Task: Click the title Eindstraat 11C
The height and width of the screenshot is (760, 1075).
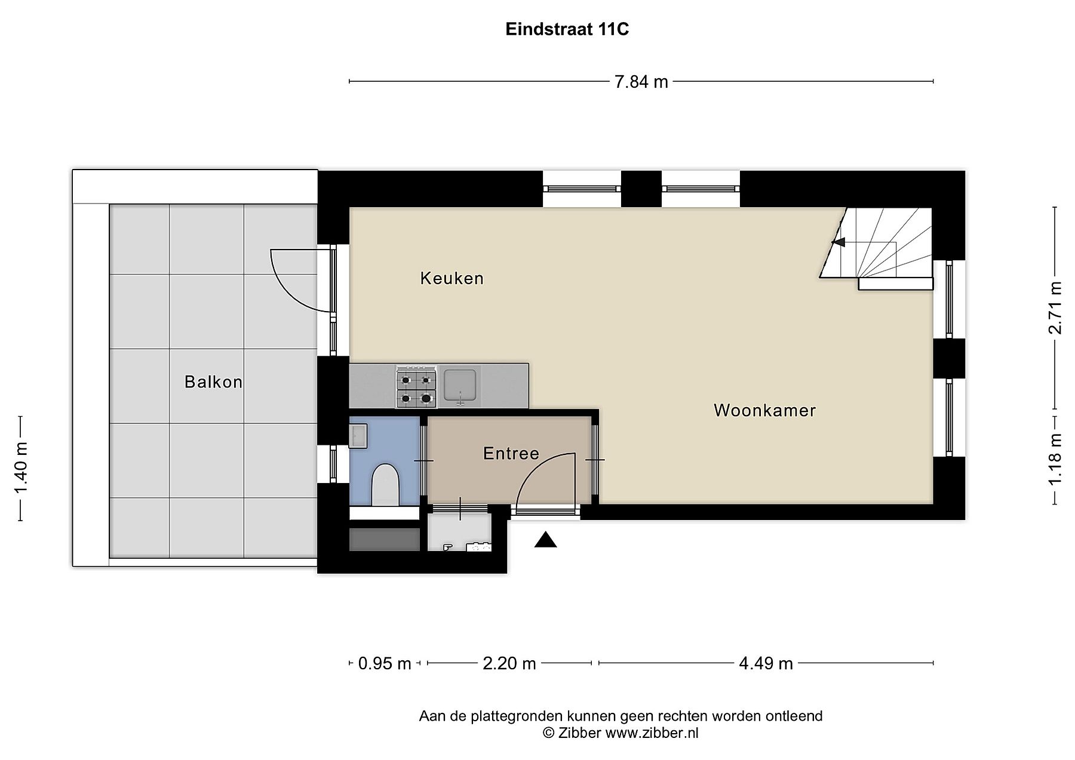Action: [x=567, y=29]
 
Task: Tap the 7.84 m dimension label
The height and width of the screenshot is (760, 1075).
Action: [x=641, y=82]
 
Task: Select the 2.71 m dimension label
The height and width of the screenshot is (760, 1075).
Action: [x=1056, y=308]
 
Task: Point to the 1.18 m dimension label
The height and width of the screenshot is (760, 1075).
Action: [x=1056, y=460]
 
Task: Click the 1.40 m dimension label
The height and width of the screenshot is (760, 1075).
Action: [x=21, y=469]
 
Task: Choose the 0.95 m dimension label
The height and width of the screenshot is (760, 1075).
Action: [x=385, y=663]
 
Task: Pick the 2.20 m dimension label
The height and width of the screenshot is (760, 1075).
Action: [x=509, y=663]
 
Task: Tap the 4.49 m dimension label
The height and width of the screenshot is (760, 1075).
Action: [x=766, y=663]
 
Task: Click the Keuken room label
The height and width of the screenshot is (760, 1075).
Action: [x=452, y=278]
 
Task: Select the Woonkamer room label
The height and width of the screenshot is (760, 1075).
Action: [x=765, y=411]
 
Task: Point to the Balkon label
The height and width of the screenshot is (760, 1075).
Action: [x=214, y=382]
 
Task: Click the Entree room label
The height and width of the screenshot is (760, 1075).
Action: [x=511, y=454]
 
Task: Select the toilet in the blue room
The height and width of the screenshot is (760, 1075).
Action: [x=385, y=485]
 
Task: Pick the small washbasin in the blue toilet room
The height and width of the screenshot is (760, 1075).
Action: [x=358, y=436]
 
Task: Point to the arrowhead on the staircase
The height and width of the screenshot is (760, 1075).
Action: [x=838, y=242]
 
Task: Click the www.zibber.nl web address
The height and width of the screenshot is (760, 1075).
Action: [x=652, y=733]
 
